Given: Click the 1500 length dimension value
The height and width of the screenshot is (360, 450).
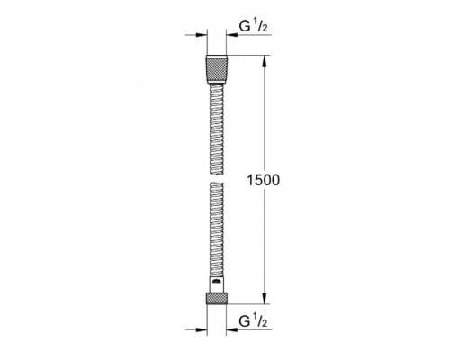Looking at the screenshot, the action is (263, 180).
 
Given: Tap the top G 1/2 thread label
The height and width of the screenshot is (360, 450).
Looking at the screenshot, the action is (253, 26).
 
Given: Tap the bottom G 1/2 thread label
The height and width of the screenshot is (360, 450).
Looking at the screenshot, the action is (253, 321).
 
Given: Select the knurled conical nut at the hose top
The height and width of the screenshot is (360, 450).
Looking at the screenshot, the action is (217, 69).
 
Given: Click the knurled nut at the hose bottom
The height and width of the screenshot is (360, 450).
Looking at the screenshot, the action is (217, 298).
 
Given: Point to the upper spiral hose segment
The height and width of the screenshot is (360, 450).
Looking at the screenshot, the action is (217, 129).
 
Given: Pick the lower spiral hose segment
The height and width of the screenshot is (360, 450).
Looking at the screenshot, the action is (217, 229).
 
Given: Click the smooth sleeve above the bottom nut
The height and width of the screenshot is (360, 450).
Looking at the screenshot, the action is (217, 284).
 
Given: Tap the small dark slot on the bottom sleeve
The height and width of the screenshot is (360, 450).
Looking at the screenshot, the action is (217, 281).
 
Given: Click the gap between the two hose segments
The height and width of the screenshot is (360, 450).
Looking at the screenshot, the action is (217, 178).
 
